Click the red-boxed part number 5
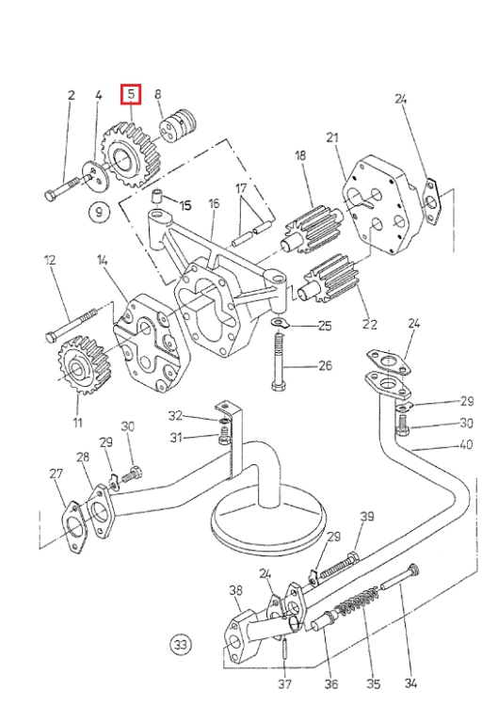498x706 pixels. [x=131, y=94]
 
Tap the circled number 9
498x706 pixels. [x=99, y=211]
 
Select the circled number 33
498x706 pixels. [x=180, y=644]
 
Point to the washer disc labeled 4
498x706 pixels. [x=96, y=176]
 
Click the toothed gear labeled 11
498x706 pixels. [x=84, y=364]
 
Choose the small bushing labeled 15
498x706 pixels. [x=156, y=197]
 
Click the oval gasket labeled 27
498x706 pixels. [x=72, y=527]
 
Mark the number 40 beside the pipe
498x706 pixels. [x=466, y=444]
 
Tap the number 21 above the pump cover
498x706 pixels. [x=332, y=137]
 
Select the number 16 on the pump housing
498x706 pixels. [x=214, y=203]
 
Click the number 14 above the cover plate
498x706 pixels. [x=103, y=260]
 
